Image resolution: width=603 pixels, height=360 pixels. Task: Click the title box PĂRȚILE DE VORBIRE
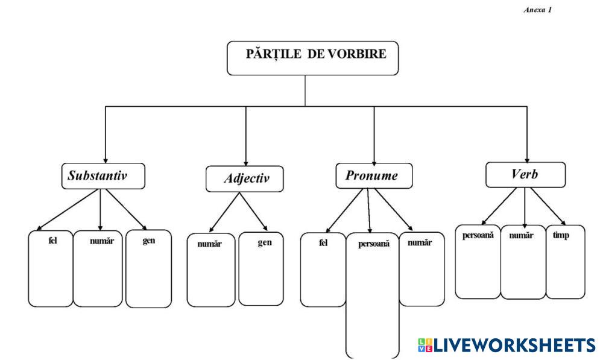point(312,57)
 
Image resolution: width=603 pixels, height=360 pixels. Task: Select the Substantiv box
point(103,175)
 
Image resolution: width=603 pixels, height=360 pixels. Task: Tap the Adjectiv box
point(244,178)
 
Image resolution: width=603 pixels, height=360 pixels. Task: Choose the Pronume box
point(375,175)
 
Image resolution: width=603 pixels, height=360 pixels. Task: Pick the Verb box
point(525,174)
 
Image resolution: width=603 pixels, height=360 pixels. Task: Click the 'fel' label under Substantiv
point(52,240)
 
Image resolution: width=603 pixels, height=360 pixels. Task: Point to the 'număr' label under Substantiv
point(101,240)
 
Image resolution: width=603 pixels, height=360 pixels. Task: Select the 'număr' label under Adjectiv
point(209,244)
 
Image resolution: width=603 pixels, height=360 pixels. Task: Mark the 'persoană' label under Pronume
point(374,244)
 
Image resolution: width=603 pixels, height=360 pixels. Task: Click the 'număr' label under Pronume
point(420,243)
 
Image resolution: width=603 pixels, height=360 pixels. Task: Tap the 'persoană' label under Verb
point(478,235)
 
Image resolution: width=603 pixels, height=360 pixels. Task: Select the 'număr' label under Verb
point(522,235)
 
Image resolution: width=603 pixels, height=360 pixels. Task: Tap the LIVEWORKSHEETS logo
point(505,345)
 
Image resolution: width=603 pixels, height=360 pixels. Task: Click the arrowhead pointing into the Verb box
point(527,159)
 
